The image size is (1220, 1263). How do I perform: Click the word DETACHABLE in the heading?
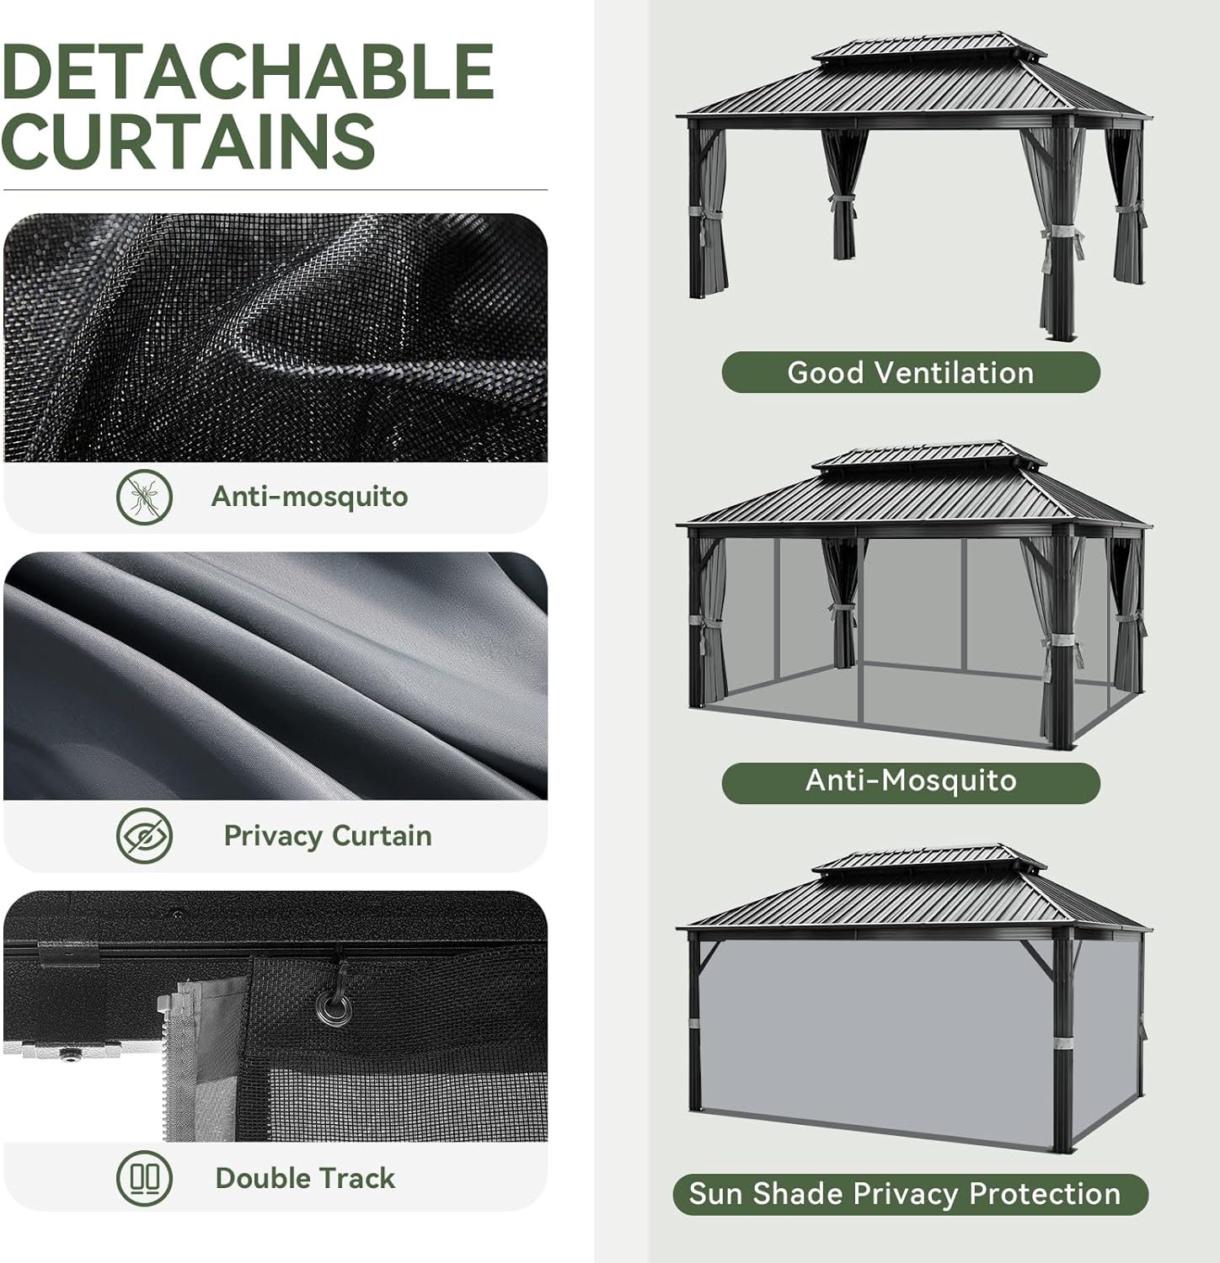click(248, 71)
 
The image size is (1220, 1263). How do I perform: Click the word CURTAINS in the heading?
click(189, 141)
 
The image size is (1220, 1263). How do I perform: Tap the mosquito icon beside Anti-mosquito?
click(144, 497)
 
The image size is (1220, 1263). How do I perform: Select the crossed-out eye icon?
click(144, 835)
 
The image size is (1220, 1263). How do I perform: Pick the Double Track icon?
click(144, 1177)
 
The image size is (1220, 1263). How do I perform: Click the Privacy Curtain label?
click(327, 835)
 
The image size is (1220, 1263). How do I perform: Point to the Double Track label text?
click(305, 1177)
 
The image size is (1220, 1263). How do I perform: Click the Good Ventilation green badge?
click(910, 372)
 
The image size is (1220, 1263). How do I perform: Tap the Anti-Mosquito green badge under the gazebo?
click(910, 781)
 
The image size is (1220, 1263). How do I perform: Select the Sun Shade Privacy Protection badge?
click(910, 1194)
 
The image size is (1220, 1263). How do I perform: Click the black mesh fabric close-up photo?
click(275, 337)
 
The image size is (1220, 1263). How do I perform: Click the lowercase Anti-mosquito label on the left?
click(309, 497)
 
